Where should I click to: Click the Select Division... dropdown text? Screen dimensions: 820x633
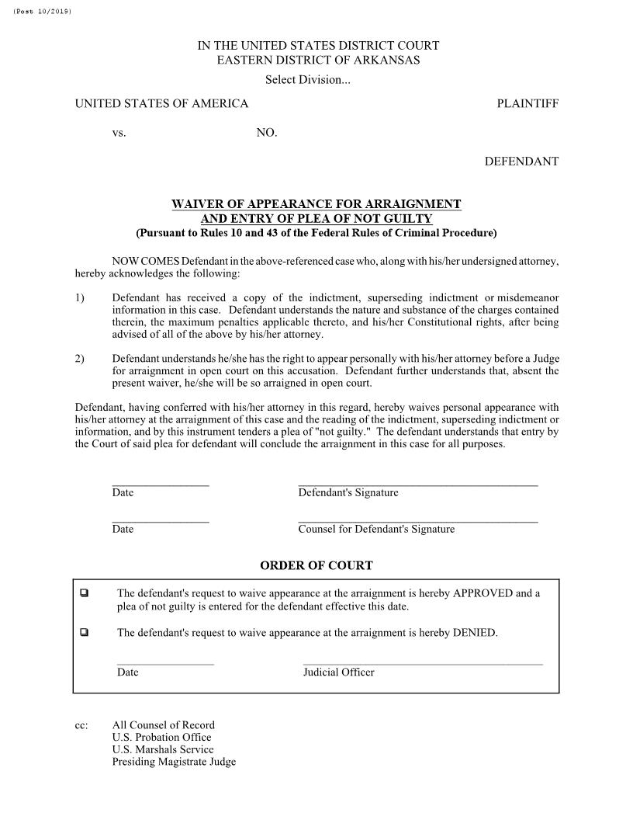pos(308,80)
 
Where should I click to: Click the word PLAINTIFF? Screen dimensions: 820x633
pos(527,104)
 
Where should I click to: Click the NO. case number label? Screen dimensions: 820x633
pos(267,134)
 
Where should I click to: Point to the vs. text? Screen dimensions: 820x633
pos(119,134)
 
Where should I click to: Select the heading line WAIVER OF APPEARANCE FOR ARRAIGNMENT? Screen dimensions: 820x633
pos(316,204)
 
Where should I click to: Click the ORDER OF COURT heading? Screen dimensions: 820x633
pos(316,566)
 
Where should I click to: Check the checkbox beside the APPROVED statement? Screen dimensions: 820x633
pos(84,594)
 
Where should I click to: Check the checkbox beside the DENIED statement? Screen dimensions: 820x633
pos(84,633)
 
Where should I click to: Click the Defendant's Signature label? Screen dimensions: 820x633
pos(348,493)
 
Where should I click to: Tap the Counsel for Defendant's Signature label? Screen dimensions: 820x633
pos(376,530)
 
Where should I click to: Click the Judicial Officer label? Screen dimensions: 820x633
pos(338,672)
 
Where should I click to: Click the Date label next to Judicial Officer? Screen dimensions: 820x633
pos(128,672)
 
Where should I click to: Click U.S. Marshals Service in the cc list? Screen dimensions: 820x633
pos(162,750)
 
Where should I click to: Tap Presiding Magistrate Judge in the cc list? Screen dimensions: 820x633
pos(174,762)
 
